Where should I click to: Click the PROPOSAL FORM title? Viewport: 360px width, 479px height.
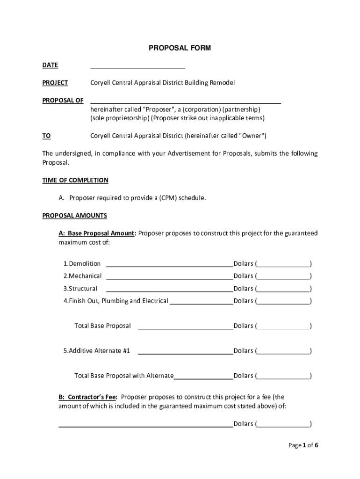[180, 48]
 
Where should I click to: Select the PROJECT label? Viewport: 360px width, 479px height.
[55, 83]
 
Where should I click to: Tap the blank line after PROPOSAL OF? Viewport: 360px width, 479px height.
[185, 101]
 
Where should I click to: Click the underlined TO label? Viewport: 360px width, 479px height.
[46, 136]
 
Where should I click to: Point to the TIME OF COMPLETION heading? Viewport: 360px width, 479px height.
[75, 180]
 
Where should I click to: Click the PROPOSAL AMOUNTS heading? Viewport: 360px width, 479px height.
[74, 216]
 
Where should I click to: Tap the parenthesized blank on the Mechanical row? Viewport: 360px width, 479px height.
[283, 276]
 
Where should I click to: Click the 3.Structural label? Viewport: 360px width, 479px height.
[80, 289]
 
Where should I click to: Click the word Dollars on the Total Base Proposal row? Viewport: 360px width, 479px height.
[243, 326]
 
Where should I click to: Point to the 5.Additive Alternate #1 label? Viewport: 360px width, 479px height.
[97, 351]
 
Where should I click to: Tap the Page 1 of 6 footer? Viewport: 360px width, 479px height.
[303, 445]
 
